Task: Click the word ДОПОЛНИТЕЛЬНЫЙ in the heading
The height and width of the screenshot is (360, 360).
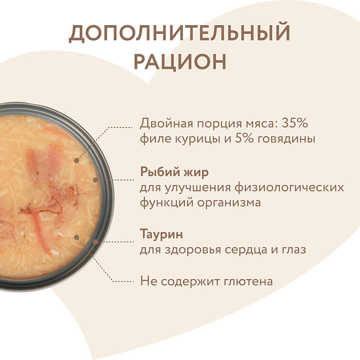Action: click(x=179, y=33)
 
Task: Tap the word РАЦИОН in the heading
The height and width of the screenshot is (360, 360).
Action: click(x=179, y=61)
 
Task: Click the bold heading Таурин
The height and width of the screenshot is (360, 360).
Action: click(x=161, y=235)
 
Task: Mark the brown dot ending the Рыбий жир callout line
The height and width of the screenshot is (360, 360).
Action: click(x=96, y=180)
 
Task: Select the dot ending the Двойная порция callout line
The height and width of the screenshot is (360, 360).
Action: click(x=77, y=160)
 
